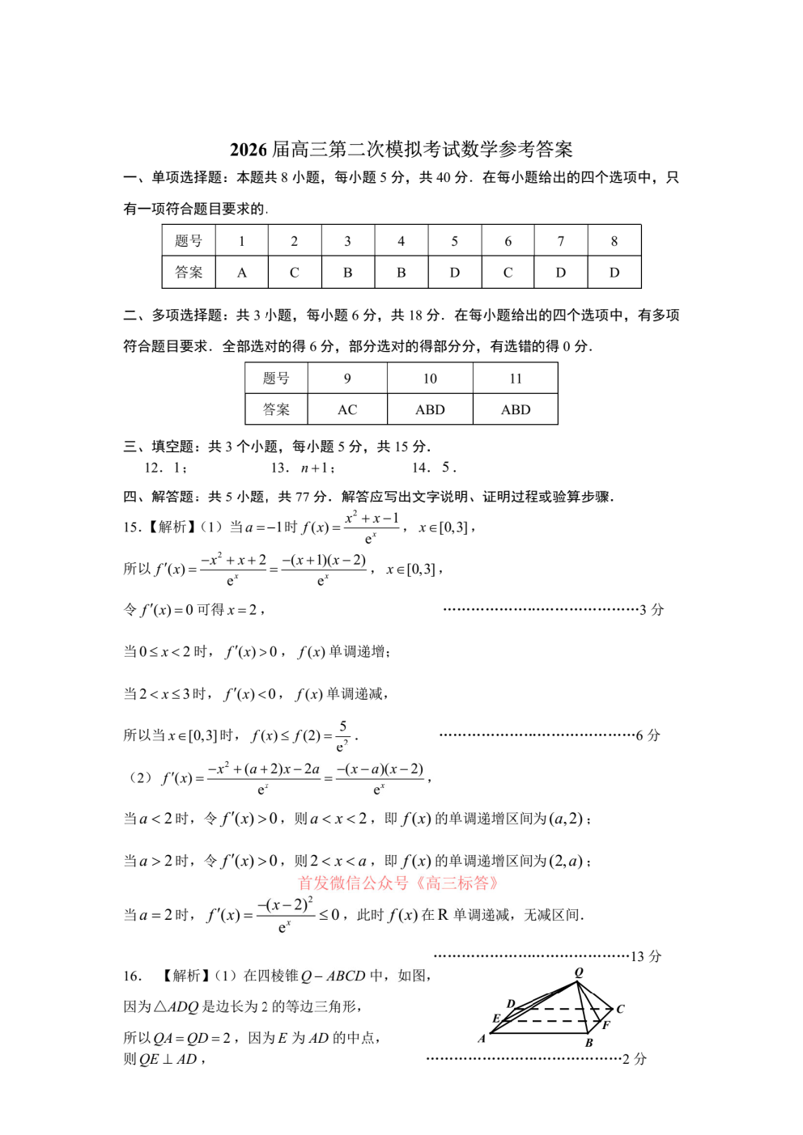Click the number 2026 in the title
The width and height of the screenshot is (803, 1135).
click(x=249, y=150)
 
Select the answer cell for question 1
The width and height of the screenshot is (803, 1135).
click(x=241, y=273)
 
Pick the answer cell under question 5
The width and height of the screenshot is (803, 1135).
click(x=454, y=273)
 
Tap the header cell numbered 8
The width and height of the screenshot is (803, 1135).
click(x=614, y=241)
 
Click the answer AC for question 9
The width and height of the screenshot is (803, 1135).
click(x=347, y=410)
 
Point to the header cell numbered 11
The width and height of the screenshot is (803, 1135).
click(x=516, y=379)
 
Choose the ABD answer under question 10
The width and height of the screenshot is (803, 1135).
click(x=430, y=410)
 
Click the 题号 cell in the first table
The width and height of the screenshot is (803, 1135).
click(x=189, y=241)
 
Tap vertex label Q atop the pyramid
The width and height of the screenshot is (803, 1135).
click(x=579, y=972)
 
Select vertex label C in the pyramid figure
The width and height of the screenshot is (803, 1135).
click(x=620, y=1009)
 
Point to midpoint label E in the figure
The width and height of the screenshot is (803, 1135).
click(x=496, y=1019)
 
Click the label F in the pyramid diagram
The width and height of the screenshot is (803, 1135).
click(x=605, y=1025)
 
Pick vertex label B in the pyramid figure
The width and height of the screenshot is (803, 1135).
click(x=588, y=1043)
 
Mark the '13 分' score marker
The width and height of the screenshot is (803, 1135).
click(x=646, y=957)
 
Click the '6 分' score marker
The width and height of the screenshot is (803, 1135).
click(x=648, y=735)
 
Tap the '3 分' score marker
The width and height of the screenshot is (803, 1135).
click(x=652, y=610)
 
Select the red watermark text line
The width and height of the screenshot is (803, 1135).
click(x=397, y=883)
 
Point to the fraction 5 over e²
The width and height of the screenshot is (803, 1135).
click(x=343, y=736)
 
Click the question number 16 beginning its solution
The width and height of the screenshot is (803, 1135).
click(x=133, y=976)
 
